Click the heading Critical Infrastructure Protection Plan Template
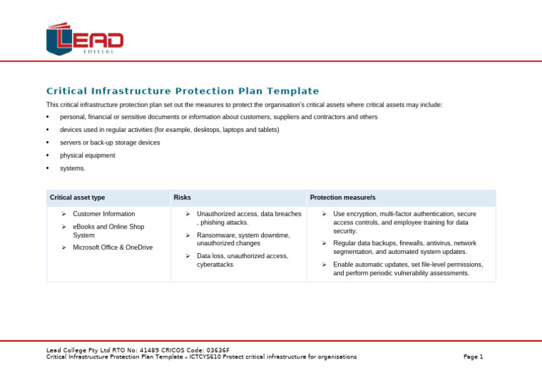[x=182, y=91]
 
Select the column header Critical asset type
[x=77, y=197]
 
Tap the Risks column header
[x=182, y=197]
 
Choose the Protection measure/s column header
[x=342, y=197]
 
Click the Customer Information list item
[x=104, y=214]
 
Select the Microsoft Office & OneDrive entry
[x=112, y=248]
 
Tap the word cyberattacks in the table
[x=215, y=265]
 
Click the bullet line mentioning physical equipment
[x=88, y=155]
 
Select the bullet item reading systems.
[x=72, y=169]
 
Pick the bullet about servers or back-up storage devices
[x=109, y=142]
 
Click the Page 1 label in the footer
[x=473, y=357]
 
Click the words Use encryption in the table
[x=355, y=214]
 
